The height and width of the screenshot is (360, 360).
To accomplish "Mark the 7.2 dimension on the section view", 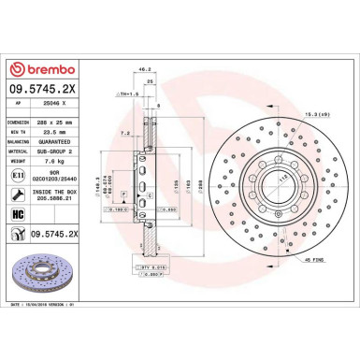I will click(x=124, y=134).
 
